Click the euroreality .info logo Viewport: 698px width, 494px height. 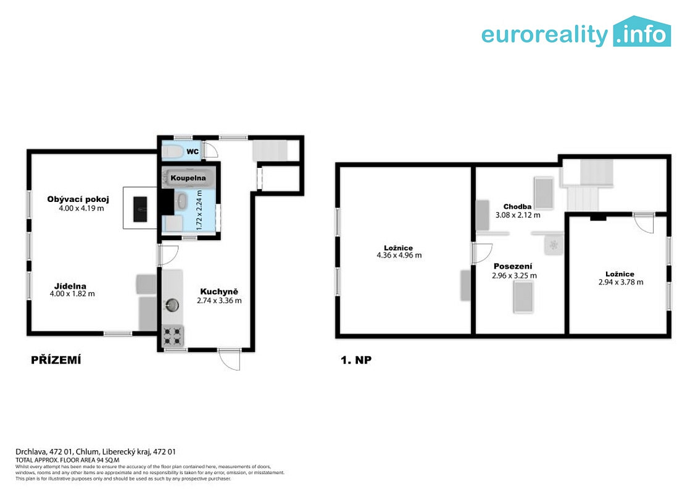[576, 31]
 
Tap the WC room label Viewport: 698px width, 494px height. [193, 152]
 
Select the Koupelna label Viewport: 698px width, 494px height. [188, 178]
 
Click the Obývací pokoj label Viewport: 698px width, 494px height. [78, 199]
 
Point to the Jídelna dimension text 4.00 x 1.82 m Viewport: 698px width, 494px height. [73, 294]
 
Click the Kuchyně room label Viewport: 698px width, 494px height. [219, 291]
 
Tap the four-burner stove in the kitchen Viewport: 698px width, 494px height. [173, 337]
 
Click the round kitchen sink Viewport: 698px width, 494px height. [172, 305]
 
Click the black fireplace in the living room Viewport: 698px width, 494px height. [140, 209]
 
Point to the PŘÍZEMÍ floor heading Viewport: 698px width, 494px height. [56, 361]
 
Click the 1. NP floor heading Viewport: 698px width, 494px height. [356, 361]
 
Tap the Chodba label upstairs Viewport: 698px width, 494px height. [517, 207]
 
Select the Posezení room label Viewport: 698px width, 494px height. [513, 267]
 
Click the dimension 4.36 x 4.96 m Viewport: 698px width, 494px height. [399, 256]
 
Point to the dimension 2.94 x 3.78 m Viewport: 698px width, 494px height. [621, 282]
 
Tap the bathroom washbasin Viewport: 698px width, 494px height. [182, 201]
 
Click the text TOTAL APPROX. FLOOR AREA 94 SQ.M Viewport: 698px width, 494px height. [67, 460]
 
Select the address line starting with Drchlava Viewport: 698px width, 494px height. [96, 451]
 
